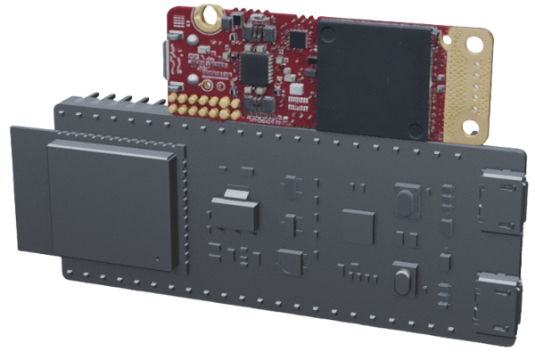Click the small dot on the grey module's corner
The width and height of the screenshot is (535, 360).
(x=157, y=260)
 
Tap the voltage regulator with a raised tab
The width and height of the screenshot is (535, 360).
(x=235, y=210)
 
